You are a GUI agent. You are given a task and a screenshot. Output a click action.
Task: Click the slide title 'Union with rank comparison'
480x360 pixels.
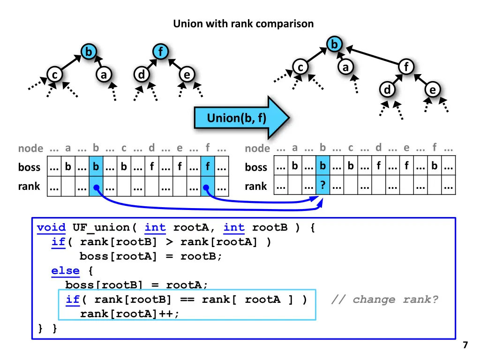[243, 23]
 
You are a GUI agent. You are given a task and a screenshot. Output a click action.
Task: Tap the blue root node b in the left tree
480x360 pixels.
[88, 52]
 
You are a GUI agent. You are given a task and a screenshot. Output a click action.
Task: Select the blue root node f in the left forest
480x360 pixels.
[160, 52]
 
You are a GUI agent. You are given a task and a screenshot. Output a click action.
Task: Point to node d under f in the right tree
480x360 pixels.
[387, 90]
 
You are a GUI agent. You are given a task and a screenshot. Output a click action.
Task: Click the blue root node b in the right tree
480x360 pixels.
[334, 45]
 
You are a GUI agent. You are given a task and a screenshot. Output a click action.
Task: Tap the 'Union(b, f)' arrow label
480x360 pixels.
[237, 118]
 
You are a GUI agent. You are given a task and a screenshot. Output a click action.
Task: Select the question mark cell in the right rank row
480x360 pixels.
[322, 186]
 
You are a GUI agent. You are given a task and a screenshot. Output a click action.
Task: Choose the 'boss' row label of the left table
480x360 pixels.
[30, 167]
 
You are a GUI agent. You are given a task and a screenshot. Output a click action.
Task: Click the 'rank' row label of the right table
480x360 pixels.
[256, 186]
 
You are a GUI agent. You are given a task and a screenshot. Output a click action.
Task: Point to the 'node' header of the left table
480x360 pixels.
[30, 149]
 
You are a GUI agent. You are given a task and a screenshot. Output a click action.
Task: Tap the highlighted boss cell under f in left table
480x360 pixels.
[207, 167]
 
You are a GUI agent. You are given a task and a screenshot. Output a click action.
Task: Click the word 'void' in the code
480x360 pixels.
[51, 228]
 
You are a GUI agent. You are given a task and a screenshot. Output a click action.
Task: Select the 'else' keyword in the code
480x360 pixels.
[65, 270]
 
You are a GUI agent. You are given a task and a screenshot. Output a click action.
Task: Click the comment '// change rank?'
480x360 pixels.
[384, 300]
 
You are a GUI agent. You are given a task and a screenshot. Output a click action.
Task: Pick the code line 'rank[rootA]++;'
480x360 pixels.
[129, 314]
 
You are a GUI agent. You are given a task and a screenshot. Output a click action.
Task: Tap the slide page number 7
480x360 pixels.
[465, 345]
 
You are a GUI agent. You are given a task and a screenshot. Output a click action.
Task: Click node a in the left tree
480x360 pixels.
[103, 75]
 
